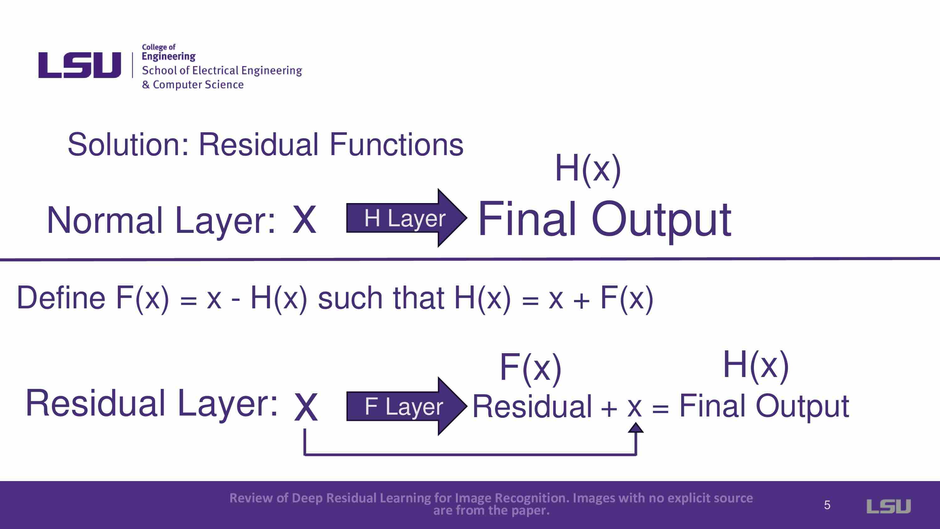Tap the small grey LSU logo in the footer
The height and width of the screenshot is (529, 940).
889,506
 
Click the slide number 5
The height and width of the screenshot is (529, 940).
827,505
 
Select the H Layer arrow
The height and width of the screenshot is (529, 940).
406,218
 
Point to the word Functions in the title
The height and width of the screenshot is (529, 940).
396,144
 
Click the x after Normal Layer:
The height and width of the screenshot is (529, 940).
304,220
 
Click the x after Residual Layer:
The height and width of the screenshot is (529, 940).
306,407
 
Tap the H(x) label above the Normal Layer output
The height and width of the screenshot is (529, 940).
588,169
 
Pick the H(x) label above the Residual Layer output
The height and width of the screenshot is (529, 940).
756,365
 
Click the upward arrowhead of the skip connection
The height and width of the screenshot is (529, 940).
636,427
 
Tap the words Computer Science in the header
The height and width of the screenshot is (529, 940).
198,85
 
